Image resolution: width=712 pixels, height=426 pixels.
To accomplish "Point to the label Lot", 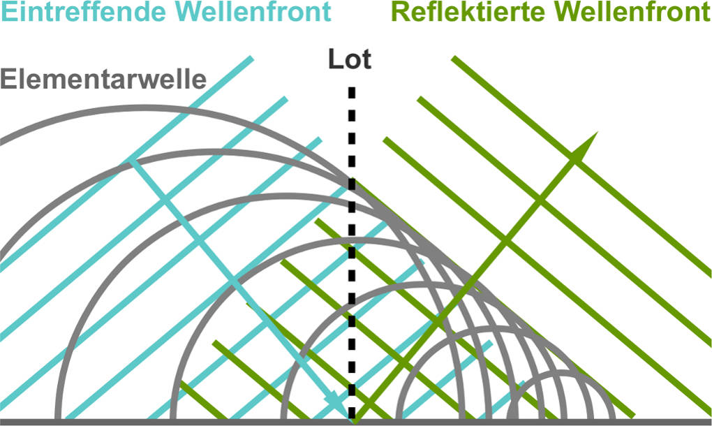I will (350, 60).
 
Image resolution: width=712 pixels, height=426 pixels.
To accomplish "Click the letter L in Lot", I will (335, 60).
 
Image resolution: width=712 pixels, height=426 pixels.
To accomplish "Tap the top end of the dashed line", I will (351, 91).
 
